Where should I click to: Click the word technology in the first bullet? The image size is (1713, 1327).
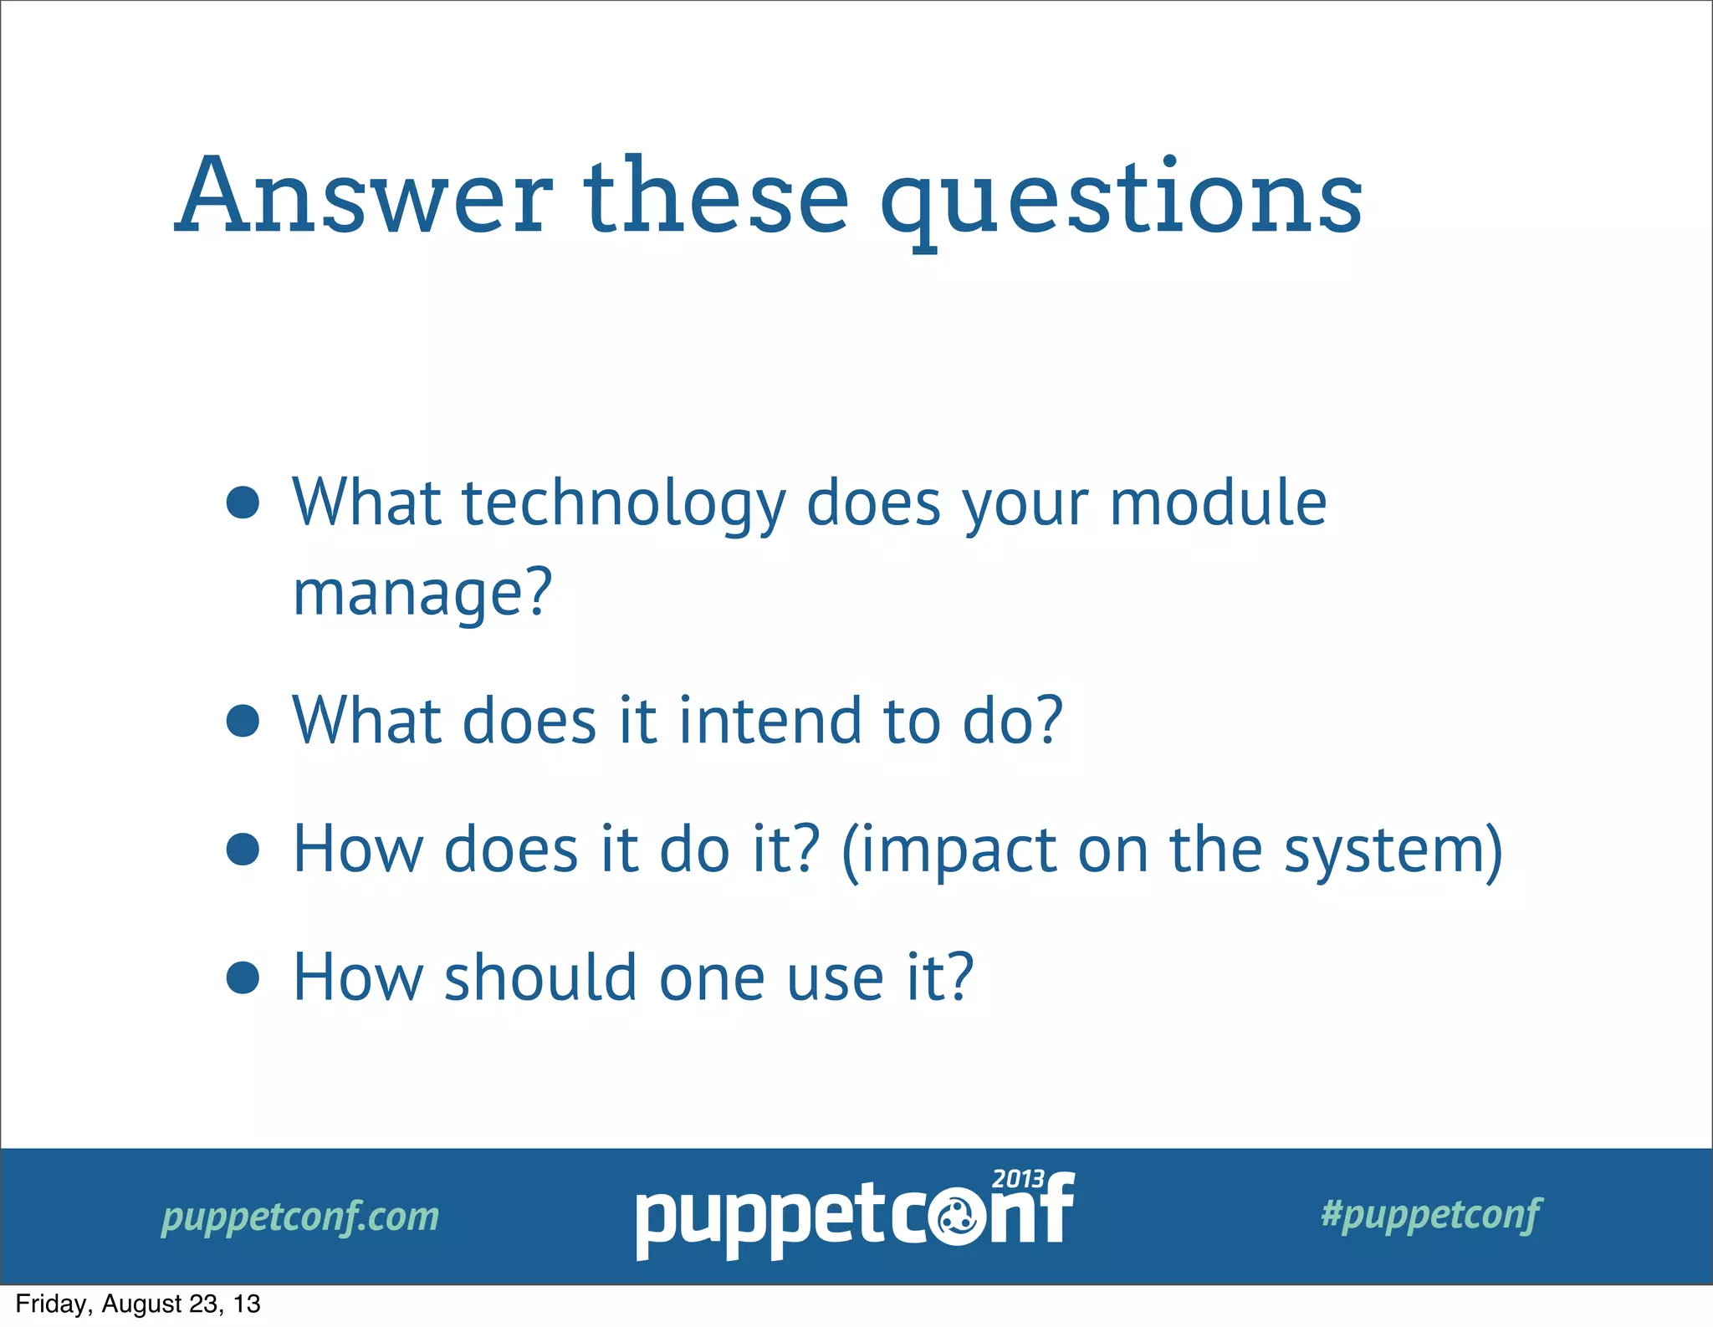pos(624,505)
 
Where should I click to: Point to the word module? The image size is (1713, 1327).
pos(1218,503)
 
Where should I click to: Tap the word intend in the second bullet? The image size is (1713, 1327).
pos(770,721)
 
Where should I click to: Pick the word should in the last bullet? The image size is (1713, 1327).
pos(540,977)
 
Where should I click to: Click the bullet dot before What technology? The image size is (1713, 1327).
pos(243,503)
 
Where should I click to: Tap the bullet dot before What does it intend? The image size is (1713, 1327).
pos(243,721)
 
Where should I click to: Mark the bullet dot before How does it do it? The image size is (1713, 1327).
pos(243,849)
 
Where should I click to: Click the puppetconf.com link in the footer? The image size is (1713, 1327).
pos(300,1217)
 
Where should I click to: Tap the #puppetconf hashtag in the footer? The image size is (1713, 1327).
pos(1430,1214)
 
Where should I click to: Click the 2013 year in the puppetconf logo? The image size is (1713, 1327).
pos(1017,1179)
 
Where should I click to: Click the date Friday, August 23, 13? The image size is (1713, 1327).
pos(138,1304)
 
